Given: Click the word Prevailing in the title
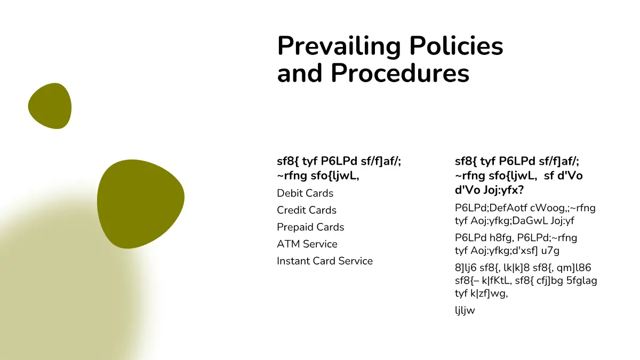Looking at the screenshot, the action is tap(339, 46).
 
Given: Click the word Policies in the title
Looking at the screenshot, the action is tap(457, 45).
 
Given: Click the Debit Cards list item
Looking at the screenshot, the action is tap(305, 193).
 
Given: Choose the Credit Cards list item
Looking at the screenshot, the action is tap(307, 210).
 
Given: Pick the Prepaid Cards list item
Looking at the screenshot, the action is tap(310, 227).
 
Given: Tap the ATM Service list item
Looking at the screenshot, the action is tap(307, 244).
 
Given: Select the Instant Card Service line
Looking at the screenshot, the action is tap(325, 261).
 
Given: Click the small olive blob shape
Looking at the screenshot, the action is tap(50, 106).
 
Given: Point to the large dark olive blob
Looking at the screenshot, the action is tap(140, 203).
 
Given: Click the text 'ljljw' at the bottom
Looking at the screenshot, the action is tap(465, 310).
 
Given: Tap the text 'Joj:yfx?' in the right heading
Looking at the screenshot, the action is tap(503, 190).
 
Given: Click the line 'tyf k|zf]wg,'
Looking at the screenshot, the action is tap(481, 293).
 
